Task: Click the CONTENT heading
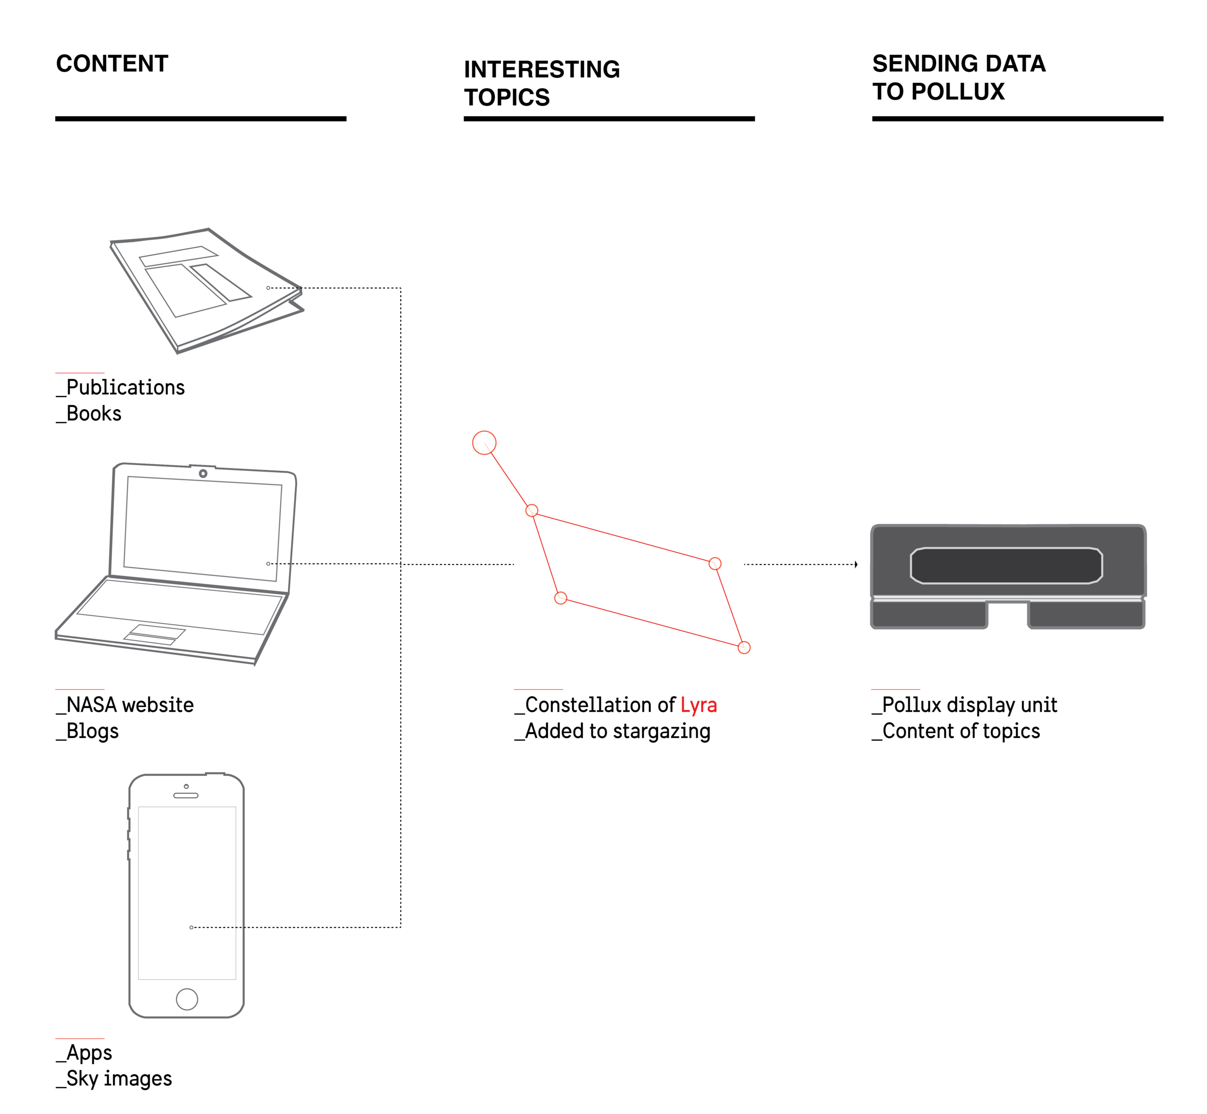[x=112, y=63]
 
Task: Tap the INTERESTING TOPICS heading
[x=541, y=83]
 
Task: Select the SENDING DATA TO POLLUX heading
[x=958, y=77]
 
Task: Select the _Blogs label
[x=88, y=731]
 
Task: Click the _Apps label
[x=84, y=1053]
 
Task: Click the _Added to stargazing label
[x=612, y=731]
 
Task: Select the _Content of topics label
[x=956, y=731]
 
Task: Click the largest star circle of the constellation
[x=484, y=442]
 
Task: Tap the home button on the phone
[x=187, y=999]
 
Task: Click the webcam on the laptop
[x=203, y=473]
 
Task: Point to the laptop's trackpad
[x=155, y=634]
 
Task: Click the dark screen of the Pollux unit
[x=1006, y=565]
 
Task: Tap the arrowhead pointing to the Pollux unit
[x=855, y=564]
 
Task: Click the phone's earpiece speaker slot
[x=185, y=796]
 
